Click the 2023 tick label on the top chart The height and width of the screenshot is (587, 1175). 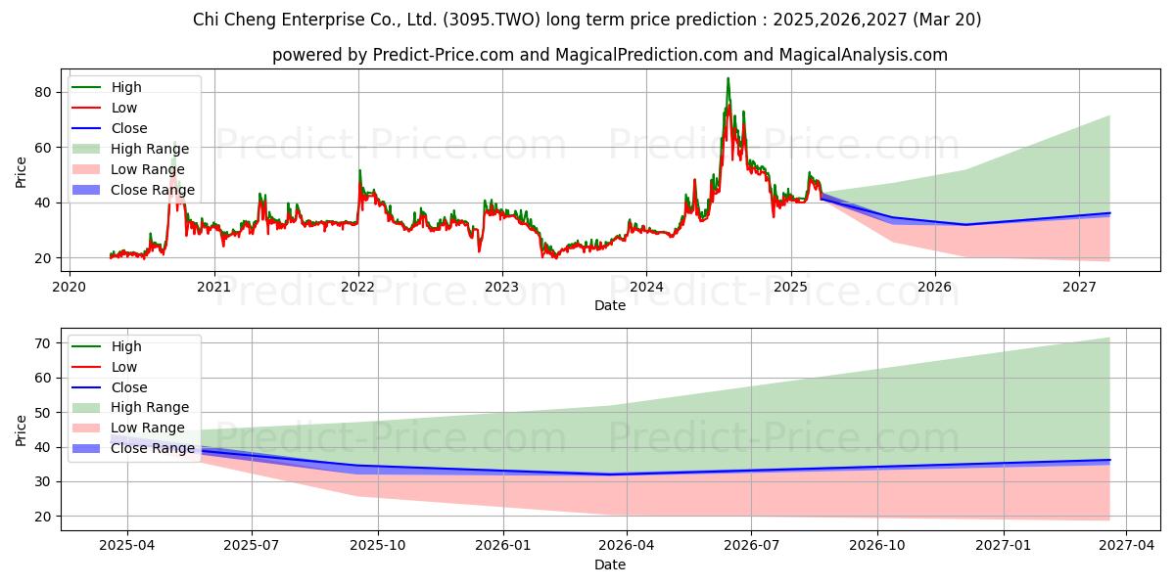(502, 287)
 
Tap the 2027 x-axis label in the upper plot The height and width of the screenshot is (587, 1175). (1079, 287)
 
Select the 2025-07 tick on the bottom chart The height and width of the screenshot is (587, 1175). (252, 546)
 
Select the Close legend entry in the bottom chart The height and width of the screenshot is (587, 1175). (129, 387)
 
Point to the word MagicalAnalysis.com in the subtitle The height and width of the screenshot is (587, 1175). (863, 55)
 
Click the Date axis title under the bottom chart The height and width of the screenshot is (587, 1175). (610, 564)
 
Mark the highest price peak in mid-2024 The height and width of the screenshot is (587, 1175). (728, 78)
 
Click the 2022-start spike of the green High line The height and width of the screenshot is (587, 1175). (359, 170)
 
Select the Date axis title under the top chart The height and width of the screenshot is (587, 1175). (610, 305)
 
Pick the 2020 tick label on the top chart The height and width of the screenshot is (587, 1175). (69, 287)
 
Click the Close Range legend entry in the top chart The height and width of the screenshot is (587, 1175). (152, 190)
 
